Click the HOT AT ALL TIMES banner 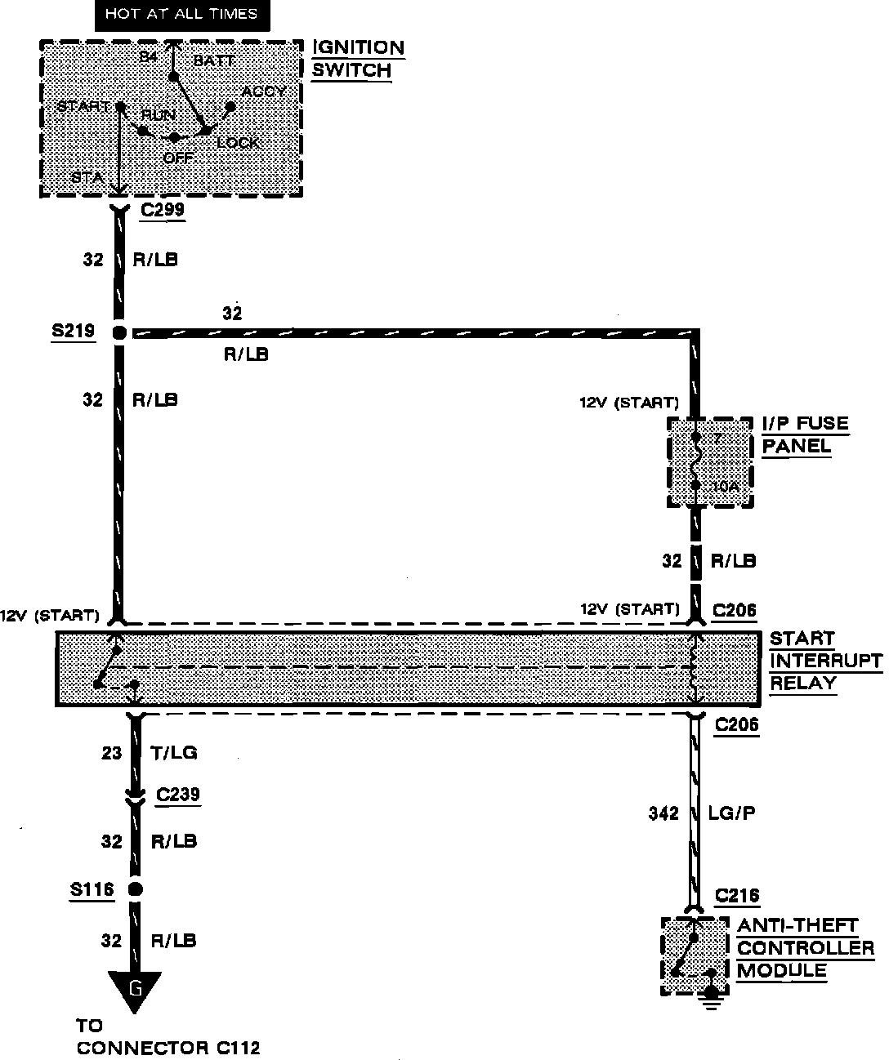181,14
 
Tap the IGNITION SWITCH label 358,59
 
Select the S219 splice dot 119,332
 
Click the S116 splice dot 136,889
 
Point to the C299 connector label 163,210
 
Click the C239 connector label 178,795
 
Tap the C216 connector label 737,896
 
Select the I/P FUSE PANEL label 805,434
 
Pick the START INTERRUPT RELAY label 825,661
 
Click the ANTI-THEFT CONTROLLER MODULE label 805,948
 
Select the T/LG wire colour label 174,752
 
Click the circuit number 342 663,813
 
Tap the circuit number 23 111,752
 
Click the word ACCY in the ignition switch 264,91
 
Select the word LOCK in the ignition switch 238,143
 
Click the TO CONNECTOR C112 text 168,1037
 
